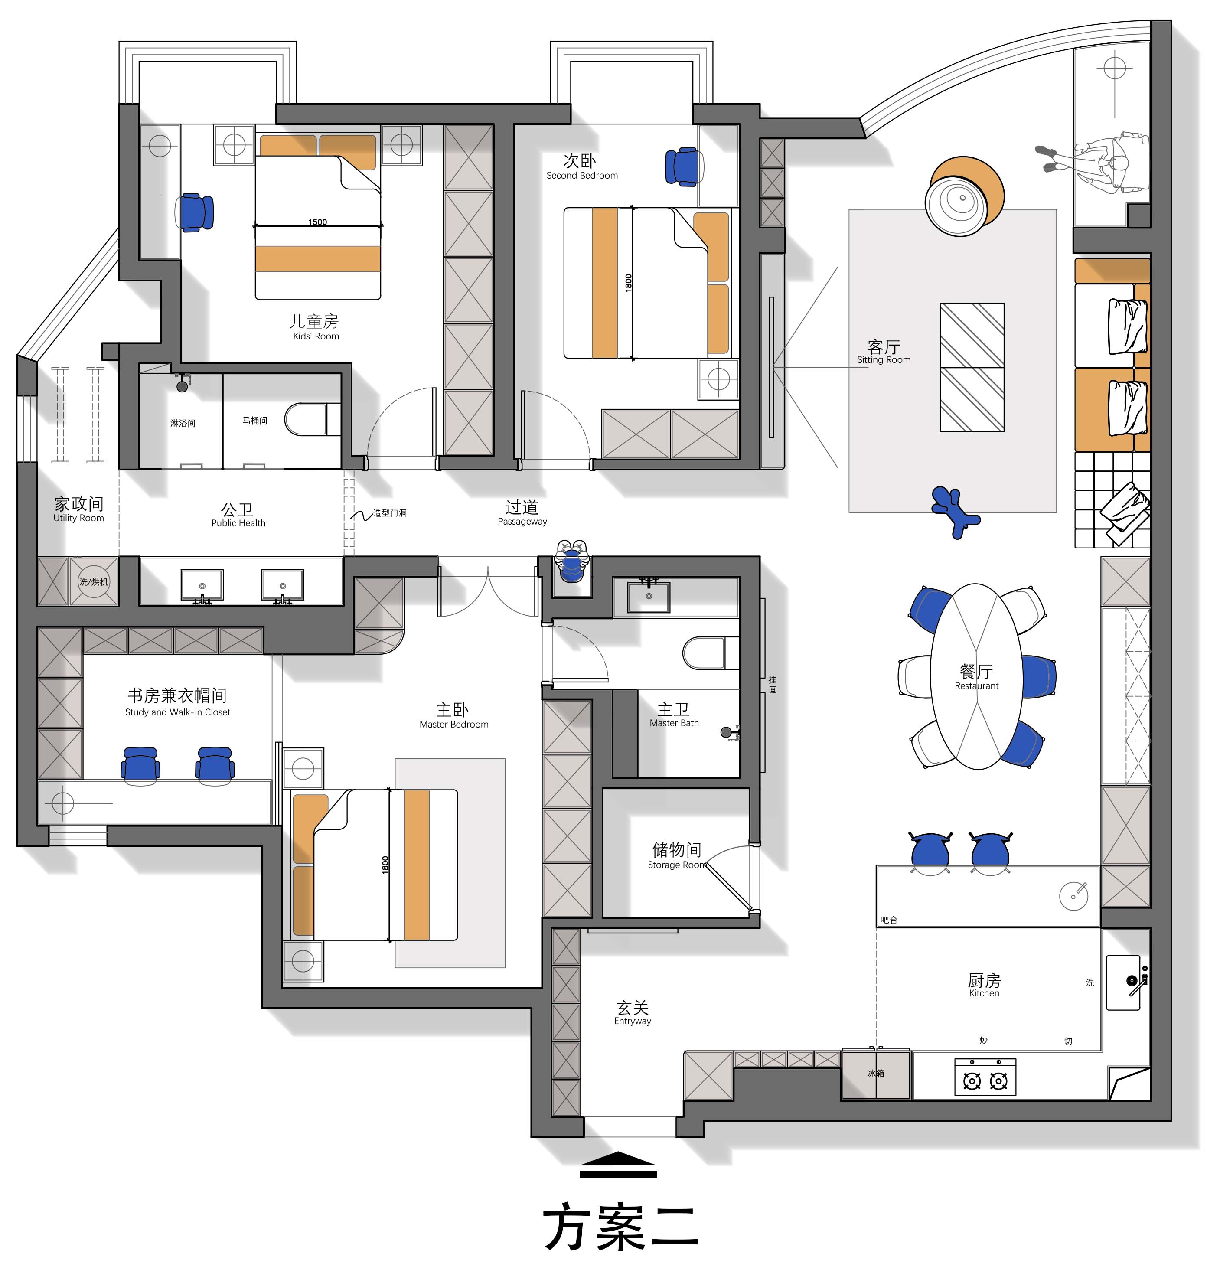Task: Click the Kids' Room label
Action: coord(316,336)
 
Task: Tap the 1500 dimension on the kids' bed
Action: coord(318,222)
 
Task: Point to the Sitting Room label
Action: coord(884,360)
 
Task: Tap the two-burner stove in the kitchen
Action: coord(985,1077)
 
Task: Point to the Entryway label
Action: coord(633,1021)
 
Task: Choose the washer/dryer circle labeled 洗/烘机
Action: coord(94,581)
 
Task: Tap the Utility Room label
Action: coord(78,518)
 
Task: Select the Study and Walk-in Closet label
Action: coord(177,712)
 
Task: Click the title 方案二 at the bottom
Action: coord(622,1227)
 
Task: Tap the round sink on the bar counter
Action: coord(1074,897)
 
